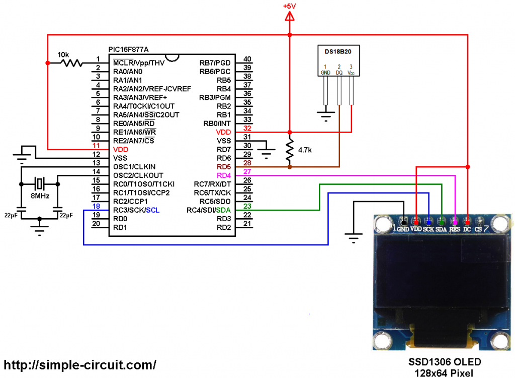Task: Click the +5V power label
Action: [289, 6]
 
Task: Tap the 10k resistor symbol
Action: [71, 63]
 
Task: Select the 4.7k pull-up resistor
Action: [290, 150]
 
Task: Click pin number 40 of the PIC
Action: [247, 59]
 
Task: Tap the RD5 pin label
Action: [224, 166]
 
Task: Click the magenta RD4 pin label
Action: [224, 175]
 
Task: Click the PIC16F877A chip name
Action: [129, 49]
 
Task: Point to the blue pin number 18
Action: [97, 206]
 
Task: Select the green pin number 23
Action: [247, 206]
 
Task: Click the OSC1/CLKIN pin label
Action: [134, 166]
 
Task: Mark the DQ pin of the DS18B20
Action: [339, 73]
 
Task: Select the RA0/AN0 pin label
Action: [128, 72]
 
